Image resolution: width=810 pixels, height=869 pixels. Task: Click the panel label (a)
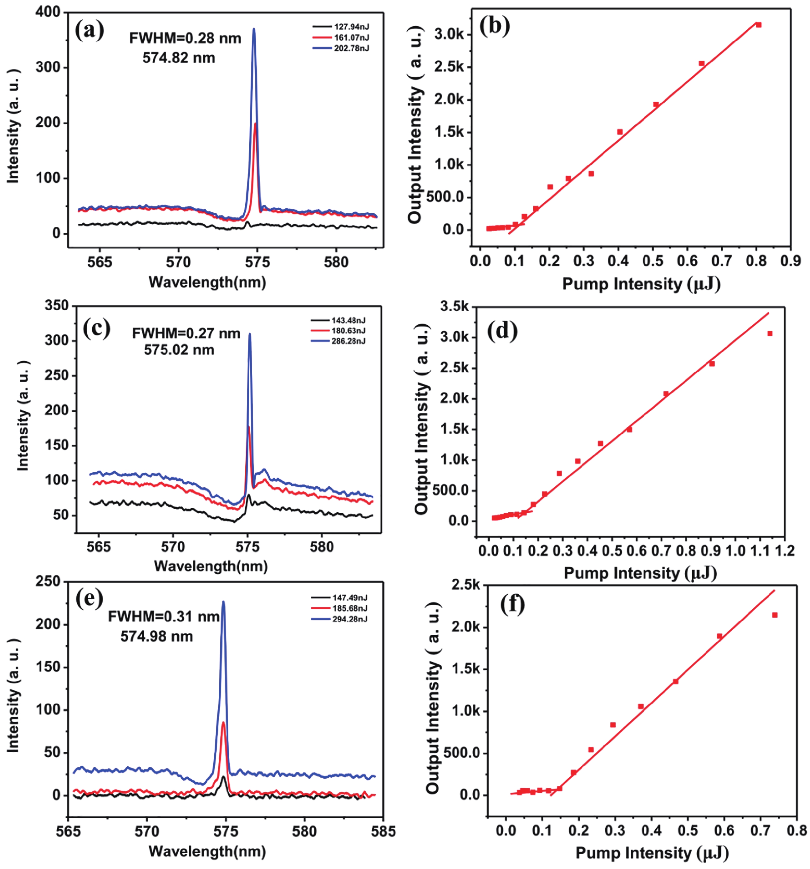[89, 31]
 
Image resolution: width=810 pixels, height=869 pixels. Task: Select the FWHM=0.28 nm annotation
[185, 38]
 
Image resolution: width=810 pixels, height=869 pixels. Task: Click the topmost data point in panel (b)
[759, 25]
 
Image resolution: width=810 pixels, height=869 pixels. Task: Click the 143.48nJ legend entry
[348, 320]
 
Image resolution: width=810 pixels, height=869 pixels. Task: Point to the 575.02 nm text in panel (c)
[179, 350]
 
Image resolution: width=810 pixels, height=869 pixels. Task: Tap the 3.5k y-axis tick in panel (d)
[454, 307]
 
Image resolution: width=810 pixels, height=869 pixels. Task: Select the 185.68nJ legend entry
[349, 609]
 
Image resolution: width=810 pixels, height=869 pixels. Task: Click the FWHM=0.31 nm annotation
[164, 617]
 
